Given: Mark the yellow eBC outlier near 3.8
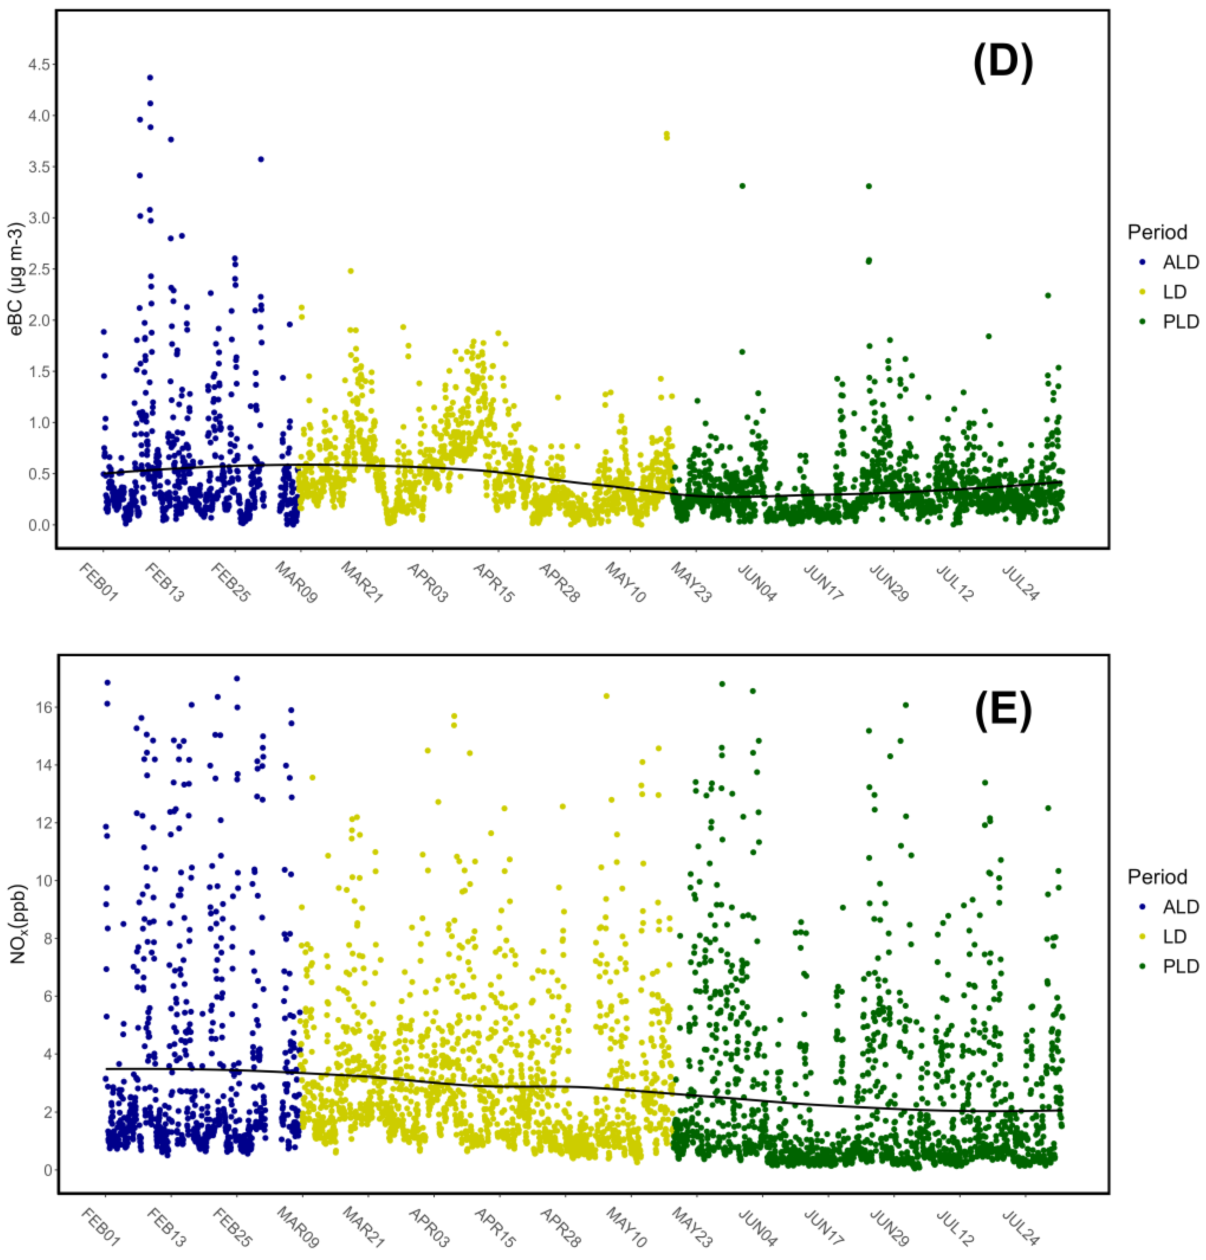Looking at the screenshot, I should point(667,135).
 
